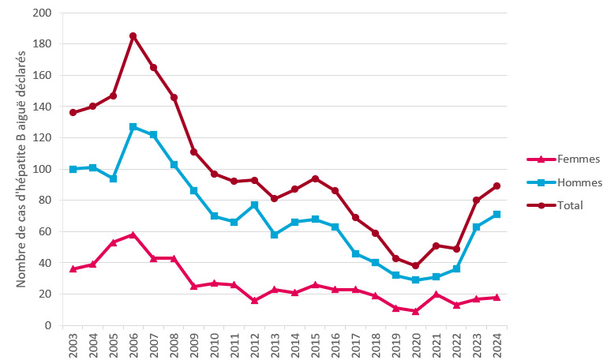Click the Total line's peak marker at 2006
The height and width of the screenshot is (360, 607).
pyautogui.click(x=133, y=36)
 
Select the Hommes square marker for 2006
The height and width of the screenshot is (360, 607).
pyautogui.click(x=133, y=127)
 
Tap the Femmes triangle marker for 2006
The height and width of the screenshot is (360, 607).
pyautogui.click(x=133, y=234)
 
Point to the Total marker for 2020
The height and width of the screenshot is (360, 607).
pyautogui.click(x=415, y=266)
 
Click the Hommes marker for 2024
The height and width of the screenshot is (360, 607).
pyautogui.click(x=496, y=215)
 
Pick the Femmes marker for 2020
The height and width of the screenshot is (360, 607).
pyautogui.click(x=415, y=311)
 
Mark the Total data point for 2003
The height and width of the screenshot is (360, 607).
pyautogui.click(x=73, y=112)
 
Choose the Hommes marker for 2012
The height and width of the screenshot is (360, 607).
pyautogui.click(x=254, y=205)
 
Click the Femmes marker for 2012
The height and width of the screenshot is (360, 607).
pyautogui.click(x=254, y=300)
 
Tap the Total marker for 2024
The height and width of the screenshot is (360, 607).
pyautogui.click(x=496, y=186)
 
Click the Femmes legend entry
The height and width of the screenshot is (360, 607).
pyautogui.click(x=556, y=159)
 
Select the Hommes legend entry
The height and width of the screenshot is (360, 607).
pyautogui.click(x=556, y=182)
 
